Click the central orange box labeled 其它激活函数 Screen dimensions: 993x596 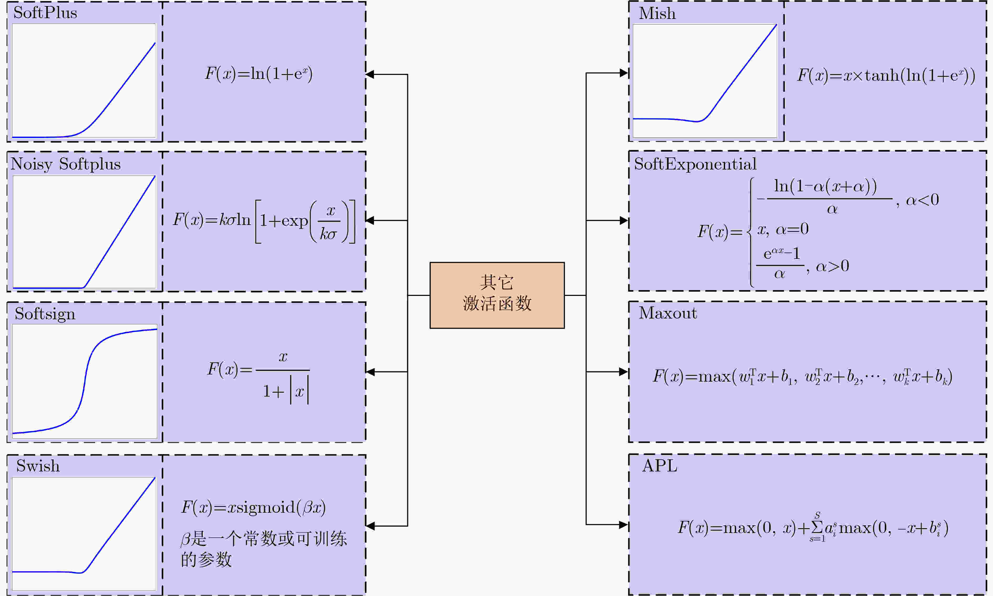[497, 295]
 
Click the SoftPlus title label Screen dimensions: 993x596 [45, 13]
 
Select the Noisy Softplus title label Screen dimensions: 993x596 [65, 164]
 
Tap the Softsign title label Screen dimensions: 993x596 [45, 314]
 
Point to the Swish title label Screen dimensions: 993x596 [38, 466]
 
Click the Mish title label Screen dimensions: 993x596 [657, 13]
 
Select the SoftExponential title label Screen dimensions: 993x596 [695, 164]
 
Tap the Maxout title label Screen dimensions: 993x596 [668, 313]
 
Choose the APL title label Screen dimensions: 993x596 [659, 466]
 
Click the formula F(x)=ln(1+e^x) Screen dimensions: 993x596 [258, 74]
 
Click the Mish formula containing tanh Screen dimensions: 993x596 [886, 75]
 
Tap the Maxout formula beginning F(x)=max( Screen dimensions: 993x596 [802, 376]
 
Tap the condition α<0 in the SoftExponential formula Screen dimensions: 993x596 [922, 200]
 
